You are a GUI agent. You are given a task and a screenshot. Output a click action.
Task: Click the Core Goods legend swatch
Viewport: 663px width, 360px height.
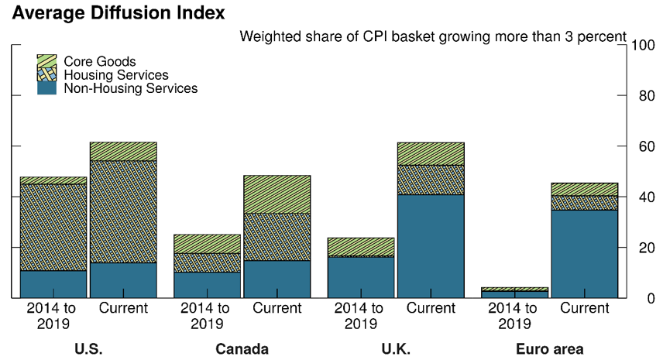tap(47, 61)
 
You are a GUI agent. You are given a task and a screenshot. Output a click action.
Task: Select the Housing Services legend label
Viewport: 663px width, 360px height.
tap(115, 75)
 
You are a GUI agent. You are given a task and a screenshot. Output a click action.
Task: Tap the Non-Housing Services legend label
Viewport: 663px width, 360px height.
tap(130, 89)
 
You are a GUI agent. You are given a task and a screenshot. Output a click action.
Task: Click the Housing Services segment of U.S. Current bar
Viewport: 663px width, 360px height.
tap(123, 211)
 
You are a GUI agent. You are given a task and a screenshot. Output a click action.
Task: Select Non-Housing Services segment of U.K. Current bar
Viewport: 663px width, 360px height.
tap(431, 246)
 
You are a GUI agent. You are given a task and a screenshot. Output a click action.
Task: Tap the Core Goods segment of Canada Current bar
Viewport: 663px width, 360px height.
tap(277, 194)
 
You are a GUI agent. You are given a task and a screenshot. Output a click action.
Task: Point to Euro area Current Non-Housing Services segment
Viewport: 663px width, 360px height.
tap(585, 254)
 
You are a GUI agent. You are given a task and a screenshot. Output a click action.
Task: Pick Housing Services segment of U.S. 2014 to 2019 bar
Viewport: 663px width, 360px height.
tap(53, 227)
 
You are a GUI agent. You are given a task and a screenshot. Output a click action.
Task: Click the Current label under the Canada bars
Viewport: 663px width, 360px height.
tap(277, 308)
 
